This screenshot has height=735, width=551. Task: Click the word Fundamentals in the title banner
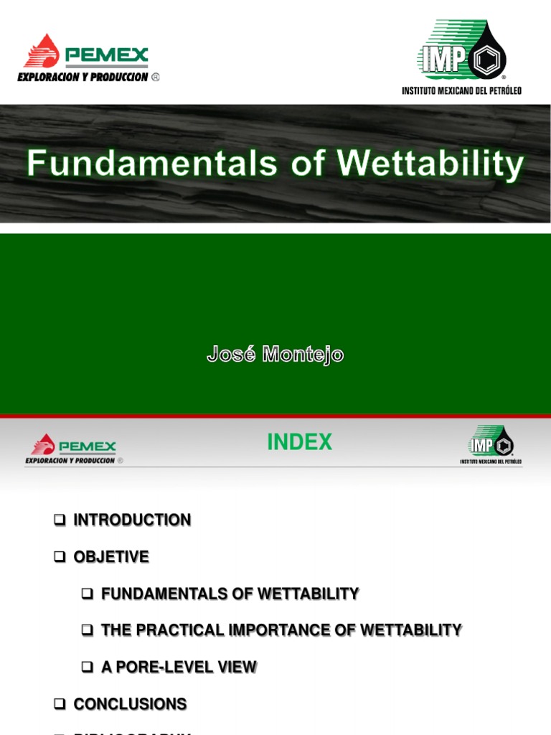click(151, 164)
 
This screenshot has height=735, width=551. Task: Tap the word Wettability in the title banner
click(430, 164)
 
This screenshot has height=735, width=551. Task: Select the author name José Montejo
click(275, 354)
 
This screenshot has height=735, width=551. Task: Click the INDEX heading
click(299, 443)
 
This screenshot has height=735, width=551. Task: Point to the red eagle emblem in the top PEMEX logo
click(42, 51)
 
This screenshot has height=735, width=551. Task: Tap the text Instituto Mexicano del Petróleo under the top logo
click(461, 90)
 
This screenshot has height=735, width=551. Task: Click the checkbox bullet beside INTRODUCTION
click(60, 520)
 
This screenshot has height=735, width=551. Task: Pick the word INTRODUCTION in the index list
click(132, 520)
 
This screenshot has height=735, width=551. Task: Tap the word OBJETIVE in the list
click(111, 557)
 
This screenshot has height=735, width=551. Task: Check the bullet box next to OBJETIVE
click(60, 557)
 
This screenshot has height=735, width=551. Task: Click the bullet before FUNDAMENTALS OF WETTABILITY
click(88, 594)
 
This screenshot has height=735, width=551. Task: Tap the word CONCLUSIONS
click(130, 704)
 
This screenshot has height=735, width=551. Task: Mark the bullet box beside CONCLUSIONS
click(60, 704)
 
